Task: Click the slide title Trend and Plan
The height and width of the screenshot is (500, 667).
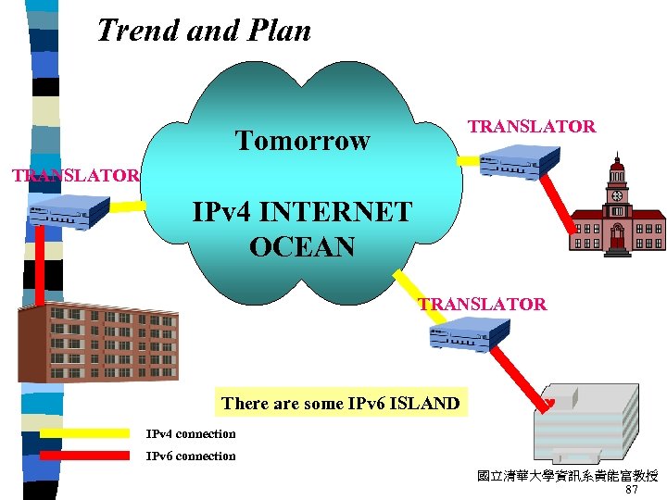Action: tap(204, 31)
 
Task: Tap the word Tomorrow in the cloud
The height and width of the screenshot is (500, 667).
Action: tap(302, 141)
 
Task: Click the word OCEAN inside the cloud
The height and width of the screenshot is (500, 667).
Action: tap(302, 247)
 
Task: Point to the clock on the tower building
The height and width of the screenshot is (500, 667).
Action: tap(616, 195)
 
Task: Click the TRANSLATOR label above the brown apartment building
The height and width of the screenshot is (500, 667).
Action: tap(75, 175)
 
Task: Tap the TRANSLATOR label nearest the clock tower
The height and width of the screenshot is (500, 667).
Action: tap(531, 127)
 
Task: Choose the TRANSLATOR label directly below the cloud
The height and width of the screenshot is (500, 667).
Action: tap(482, 304)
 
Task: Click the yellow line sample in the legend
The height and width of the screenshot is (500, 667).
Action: tap(84, 433)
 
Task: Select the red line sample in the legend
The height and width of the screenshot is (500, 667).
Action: tap(84, 456)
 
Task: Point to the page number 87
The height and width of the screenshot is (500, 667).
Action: tap(632, 490)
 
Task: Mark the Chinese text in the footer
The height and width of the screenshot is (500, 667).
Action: tap(567, 476)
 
